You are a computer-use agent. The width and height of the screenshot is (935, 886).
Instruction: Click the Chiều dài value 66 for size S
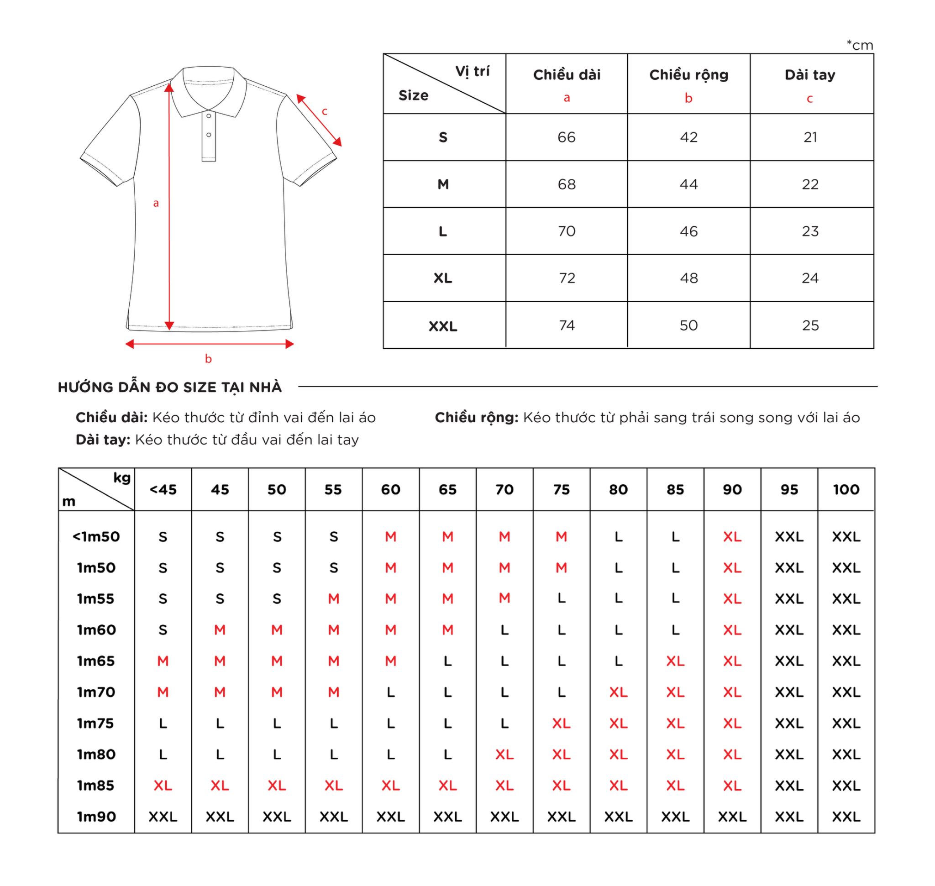point(566,137)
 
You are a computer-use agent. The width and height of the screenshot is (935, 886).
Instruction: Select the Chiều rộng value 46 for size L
point(688,231)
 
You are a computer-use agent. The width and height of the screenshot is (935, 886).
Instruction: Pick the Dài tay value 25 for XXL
point(810,325)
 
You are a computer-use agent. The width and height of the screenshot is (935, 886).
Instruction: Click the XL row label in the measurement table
point(443,278)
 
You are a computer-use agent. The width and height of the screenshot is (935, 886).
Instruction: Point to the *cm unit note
point(860,45)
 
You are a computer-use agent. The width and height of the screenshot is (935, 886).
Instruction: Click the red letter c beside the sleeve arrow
point(325,111)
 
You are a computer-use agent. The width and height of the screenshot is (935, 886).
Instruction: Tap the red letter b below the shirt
point(208,359)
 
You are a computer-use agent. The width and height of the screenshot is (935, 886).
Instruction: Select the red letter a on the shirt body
point(156,203)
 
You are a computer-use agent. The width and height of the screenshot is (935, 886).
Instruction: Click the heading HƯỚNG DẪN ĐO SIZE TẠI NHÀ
point(170,387)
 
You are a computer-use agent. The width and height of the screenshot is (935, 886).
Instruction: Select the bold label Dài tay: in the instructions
point(103,440)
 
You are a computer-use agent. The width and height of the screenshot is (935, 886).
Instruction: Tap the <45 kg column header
point(163,490)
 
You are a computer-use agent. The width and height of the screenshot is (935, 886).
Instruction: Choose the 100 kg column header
point(846,490)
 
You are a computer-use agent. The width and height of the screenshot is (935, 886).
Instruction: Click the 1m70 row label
point(96,692)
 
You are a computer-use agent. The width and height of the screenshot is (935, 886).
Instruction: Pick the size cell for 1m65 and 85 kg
point(675,661)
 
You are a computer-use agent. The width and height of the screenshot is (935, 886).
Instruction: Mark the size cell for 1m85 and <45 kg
point(163,786)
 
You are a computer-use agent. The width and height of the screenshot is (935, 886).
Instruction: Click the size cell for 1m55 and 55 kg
point(334,599)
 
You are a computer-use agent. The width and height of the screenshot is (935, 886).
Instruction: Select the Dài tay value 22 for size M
point(810,184)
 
